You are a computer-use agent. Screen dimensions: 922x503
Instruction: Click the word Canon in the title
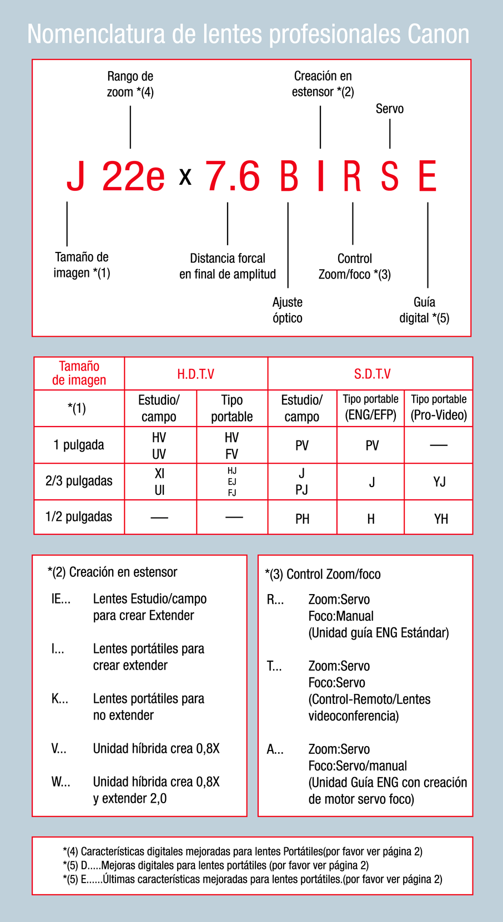coord(439,34)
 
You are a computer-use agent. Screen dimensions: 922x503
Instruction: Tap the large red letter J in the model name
coord(76,176)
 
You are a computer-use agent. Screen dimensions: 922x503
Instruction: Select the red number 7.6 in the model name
coord(233,176)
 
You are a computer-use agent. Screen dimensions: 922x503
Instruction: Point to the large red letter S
coord(390,176)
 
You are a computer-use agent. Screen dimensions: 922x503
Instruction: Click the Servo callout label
coord(390,109)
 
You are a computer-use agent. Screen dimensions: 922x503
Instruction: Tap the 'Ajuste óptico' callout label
coord(288,310)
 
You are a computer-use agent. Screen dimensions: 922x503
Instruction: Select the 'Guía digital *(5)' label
coord(424,310)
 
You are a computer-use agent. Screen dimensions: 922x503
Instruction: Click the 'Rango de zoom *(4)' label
coord(130,84)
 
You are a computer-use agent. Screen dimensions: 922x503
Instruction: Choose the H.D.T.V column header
coord(195,374)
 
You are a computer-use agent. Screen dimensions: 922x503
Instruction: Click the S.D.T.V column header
coord(372,374)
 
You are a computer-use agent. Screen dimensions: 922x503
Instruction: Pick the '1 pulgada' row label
coord(79,445)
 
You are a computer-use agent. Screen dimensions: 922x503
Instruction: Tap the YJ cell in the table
coord(439,482)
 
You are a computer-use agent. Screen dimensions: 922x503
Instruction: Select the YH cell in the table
coord(441,519)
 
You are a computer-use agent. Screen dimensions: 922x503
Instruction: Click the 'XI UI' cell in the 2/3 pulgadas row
coord(159,482)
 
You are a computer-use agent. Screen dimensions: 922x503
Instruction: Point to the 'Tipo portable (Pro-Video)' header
coord(439,408)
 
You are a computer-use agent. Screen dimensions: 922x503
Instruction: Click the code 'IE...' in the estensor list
coord(61,599)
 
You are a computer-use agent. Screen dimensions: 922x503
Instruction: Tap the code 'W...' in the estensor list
coord(61,782)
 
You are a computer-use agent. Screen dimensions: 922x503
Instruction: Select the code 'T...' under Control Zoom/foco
coord(274,666)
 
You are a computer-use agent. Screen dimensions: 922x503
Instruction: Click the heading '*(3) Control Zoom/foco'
coord(323,574)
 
